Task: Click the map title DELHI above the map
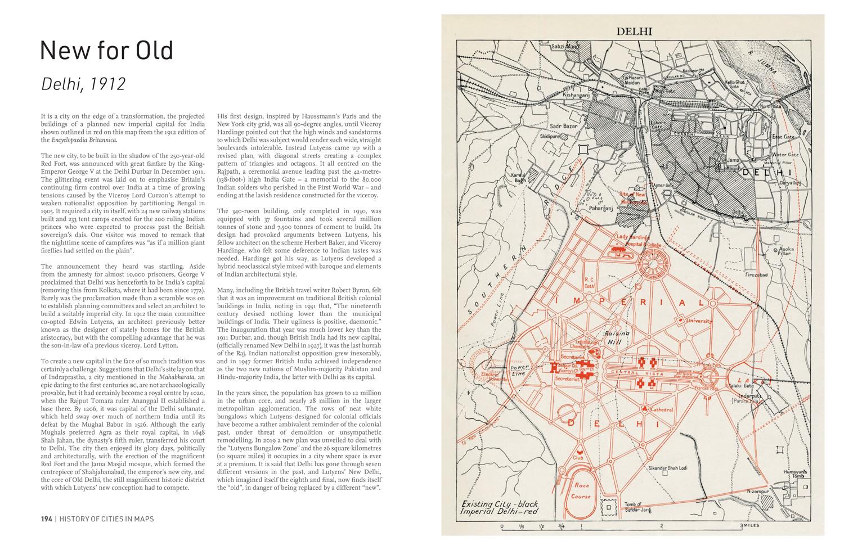coord(634,31)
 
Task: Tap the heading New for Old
coord(106,51)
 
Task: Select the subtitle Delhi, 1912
coord(83,84)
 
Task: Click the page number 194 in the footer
coord(46,519)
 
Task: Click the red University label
coord(698,321)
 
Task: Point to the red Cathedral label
coord(661,410)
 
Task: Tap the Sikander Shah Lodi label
coord(673,468)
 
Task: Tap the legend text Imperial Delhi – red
coord(499,512)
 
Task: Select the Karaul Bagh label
coord(518,178)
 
